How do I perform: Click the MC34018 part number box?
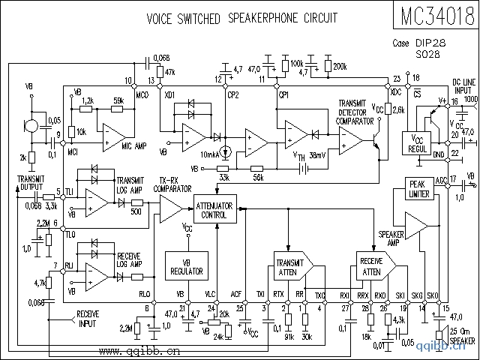point(433,16)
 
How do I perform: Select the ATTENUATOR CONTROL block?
point(217,210)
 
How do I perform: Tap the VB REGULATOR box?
point(181,264)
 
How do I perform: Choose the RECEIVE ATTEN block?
point(372,268)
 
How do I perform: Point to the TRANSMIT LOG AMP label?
point(133,184)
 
